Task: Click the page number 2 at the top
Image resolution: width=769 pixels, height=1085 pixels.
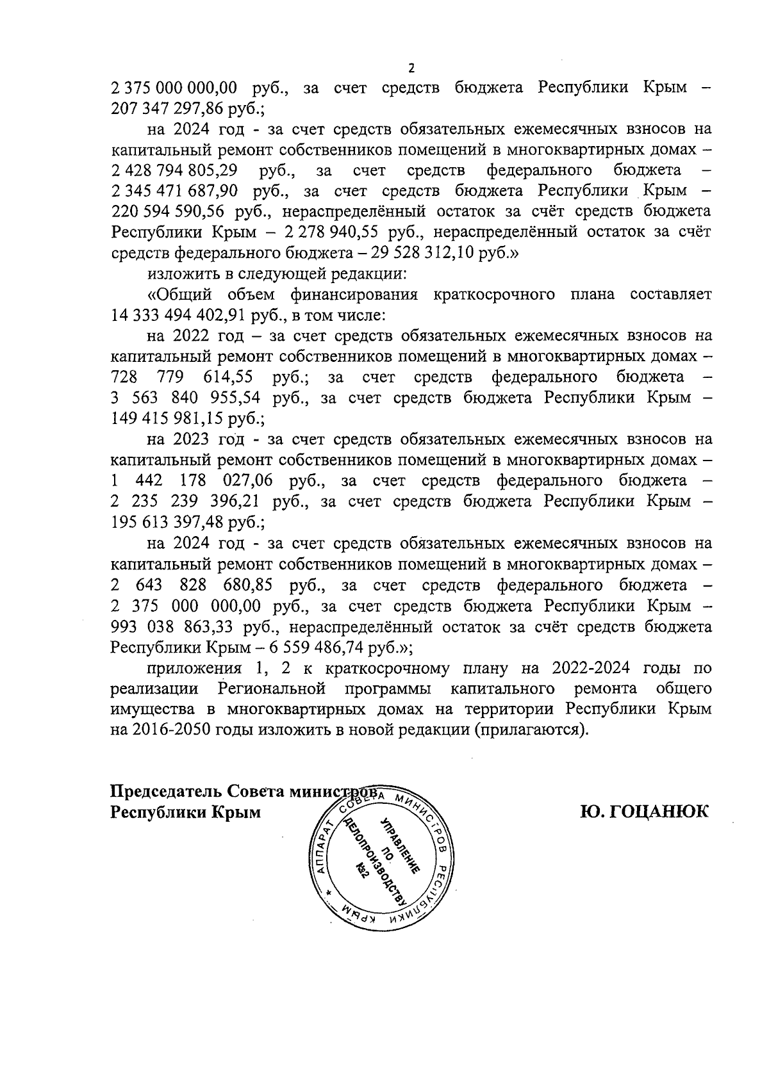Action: click(x=411, y=69)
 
